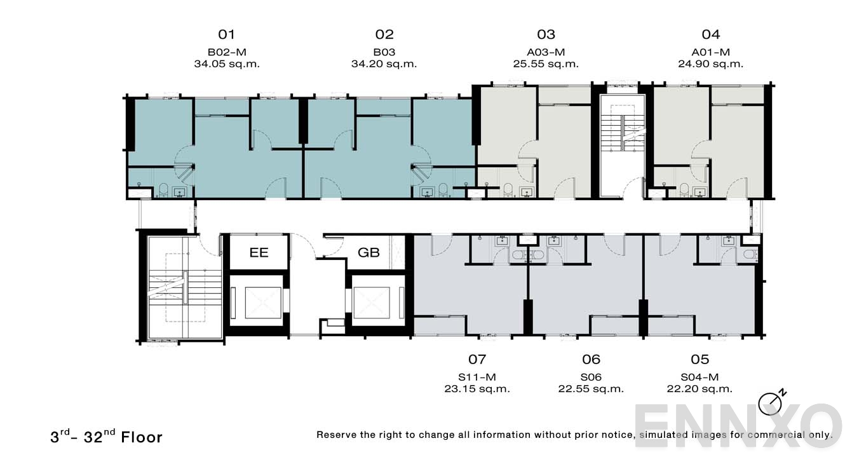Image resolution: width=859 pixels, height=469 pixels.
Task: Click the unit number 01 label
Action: (x=227, y=34)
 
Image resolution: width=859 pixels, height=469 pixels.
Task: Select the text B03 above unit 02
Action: (x=384, y=52)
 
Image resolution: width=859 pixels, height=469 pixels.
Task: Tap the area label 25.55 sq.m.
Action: (x=546, y=64)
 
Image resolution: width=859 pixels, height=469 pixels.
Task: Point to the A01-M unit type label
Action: (x=710, y=52)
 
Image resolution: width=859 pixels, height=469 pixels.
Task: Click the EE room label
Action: (x=259, y=252)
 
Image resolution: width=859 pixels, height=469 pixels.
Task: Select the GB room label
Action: (x=369, y=252)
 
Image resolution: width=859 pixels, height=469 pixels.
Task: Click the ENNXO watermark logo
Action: (x=737, y=426)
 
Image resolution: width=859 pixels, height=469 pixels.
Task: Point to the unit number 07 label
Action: (x=477, y=360)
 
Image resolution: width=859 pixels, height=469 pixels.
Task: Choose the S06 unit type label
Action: (x=591, y=377)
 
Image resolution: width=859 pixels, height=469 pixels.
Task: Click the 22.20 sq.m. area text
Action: (x=700, y=389)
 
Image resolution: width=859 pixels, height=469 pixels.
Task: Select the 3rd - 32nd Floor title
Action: (x=107, y=437)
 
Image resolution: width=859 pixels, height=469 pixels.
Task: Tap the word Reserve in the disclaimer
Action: (x=337, y=435)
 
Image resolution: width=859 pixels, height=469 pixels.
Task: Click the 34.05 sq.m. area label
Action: (x=227, y=64)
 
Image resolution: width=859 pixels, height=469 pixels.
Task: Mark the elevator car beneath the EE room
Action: (x=256, y=302)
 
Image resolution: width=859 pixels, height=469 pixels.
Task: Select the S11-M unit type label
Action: (x=477, y=377)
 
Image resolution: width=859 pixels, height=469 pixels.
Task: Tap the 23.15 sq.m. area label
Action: (x=477, y=389)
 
